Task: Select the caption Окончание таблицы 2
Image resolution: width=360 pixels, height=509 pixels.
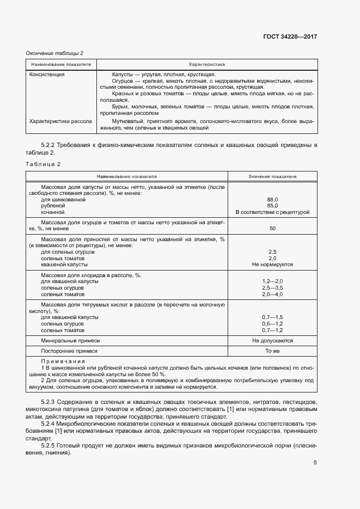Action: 55,53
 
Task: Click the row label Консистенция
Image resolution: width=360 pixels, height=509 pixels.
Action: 47,74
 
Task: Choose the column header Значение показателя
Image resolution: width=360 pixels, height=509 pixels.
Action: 272,176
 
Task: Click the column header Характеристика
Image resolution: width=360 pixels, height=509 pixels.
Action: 206,64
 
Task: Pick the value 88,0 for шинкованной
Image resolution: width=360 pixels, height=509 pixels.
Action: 272,200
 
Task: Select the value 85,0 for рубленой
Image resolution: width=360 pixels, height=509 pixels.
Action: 272,206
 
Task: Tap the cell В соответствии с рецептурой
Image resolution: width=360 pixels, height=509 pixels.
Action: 272,212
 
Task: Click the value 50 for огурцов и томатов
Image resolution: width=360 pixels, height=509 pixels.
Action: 272,229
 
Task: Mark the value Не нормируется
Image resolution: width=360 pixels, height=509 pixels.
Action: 272,265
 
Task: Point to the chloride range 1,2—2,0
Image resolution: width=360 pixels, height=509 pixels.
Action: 272,281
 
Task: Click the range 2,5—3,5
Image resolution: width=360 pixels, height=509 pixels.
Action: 272,287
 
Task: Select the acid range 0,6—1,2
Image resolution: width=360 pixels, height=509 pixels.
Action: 272,323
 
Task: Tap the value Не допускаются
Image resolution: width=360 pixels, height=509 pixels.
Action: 272,340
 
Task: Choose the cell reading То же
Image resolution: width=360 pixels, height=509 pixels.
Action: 272,352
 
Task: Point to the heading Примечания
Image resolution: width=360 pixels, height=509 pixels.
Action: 63,362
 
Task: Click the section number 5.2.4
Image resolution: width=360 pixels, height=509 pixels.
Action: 51,423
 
